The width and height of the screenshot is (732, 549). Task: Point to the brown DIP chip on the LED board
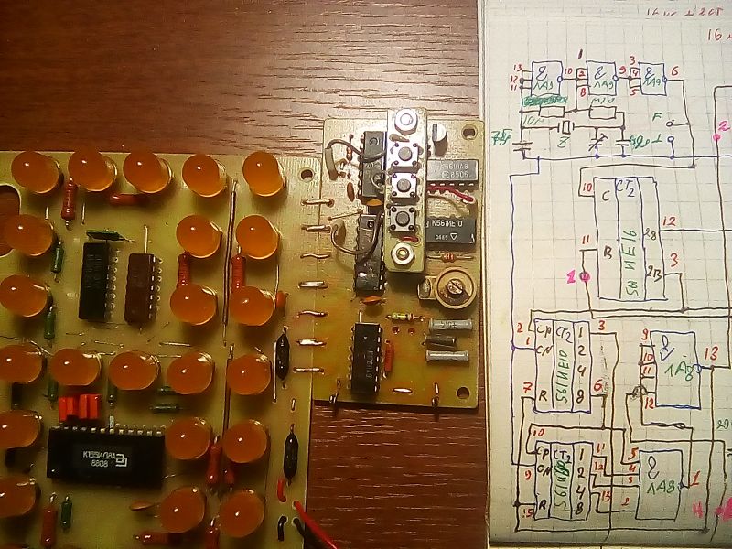142,286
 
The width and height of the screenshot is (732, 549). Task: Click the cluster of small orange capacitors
80,405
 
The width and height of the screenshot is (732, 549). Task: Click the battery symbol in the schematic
524,144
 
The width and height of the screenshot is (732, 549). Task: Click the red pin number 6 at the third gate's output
674,70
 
